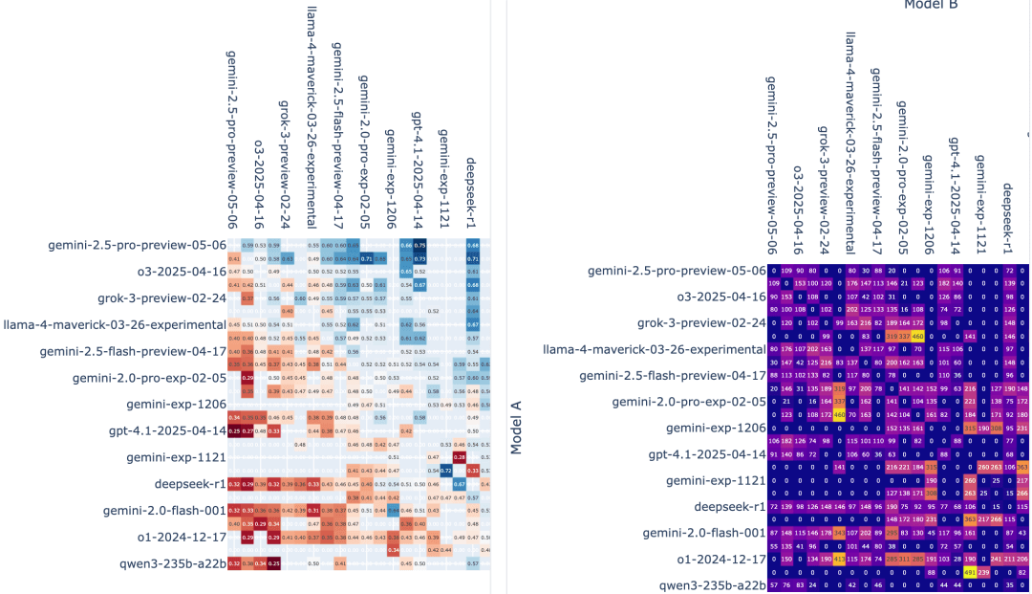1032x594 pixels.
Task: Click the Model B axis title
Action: (931, 5)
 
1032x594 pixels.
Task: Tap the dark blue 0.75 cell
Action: (419, 245)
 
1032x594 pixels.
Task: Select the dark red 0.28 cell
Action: (459, 457)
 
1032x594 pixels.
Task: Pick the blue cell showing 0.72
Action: (445, 471)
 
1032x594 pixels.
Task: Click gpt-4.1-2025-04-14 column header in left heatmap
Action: (419, 172)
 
